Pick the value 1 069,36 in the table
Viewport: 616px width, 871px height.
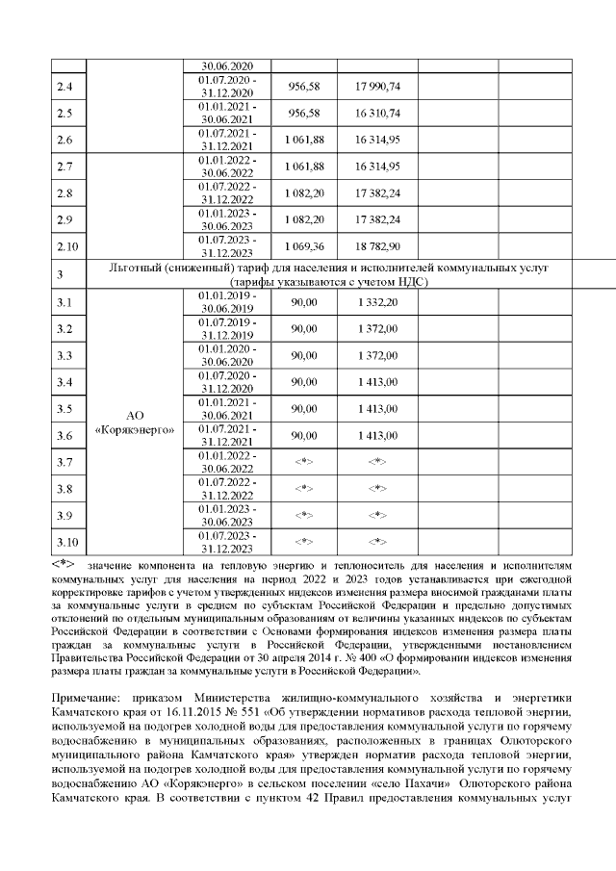[x=304, y=246]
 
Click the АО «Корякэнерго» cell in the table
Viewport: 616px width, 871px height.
[x=135, y=422]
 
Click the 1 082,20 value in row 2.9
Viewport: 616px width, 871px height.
[x=304, y=219]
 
